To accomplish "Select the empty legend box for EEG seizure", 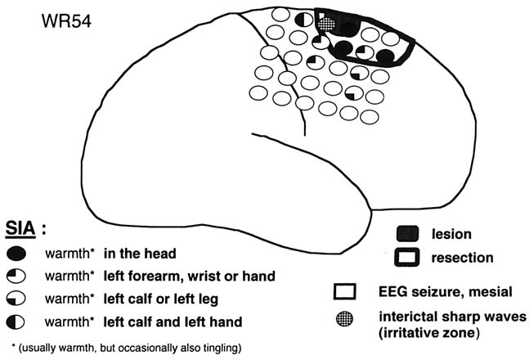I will [x=344, y=292].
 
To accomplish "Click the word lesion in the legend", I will [x=451, y=236].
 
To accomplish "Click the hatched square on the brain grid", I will [x=328, y=25].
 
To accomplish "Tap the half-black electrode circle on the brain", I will [x=303, y=16].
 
